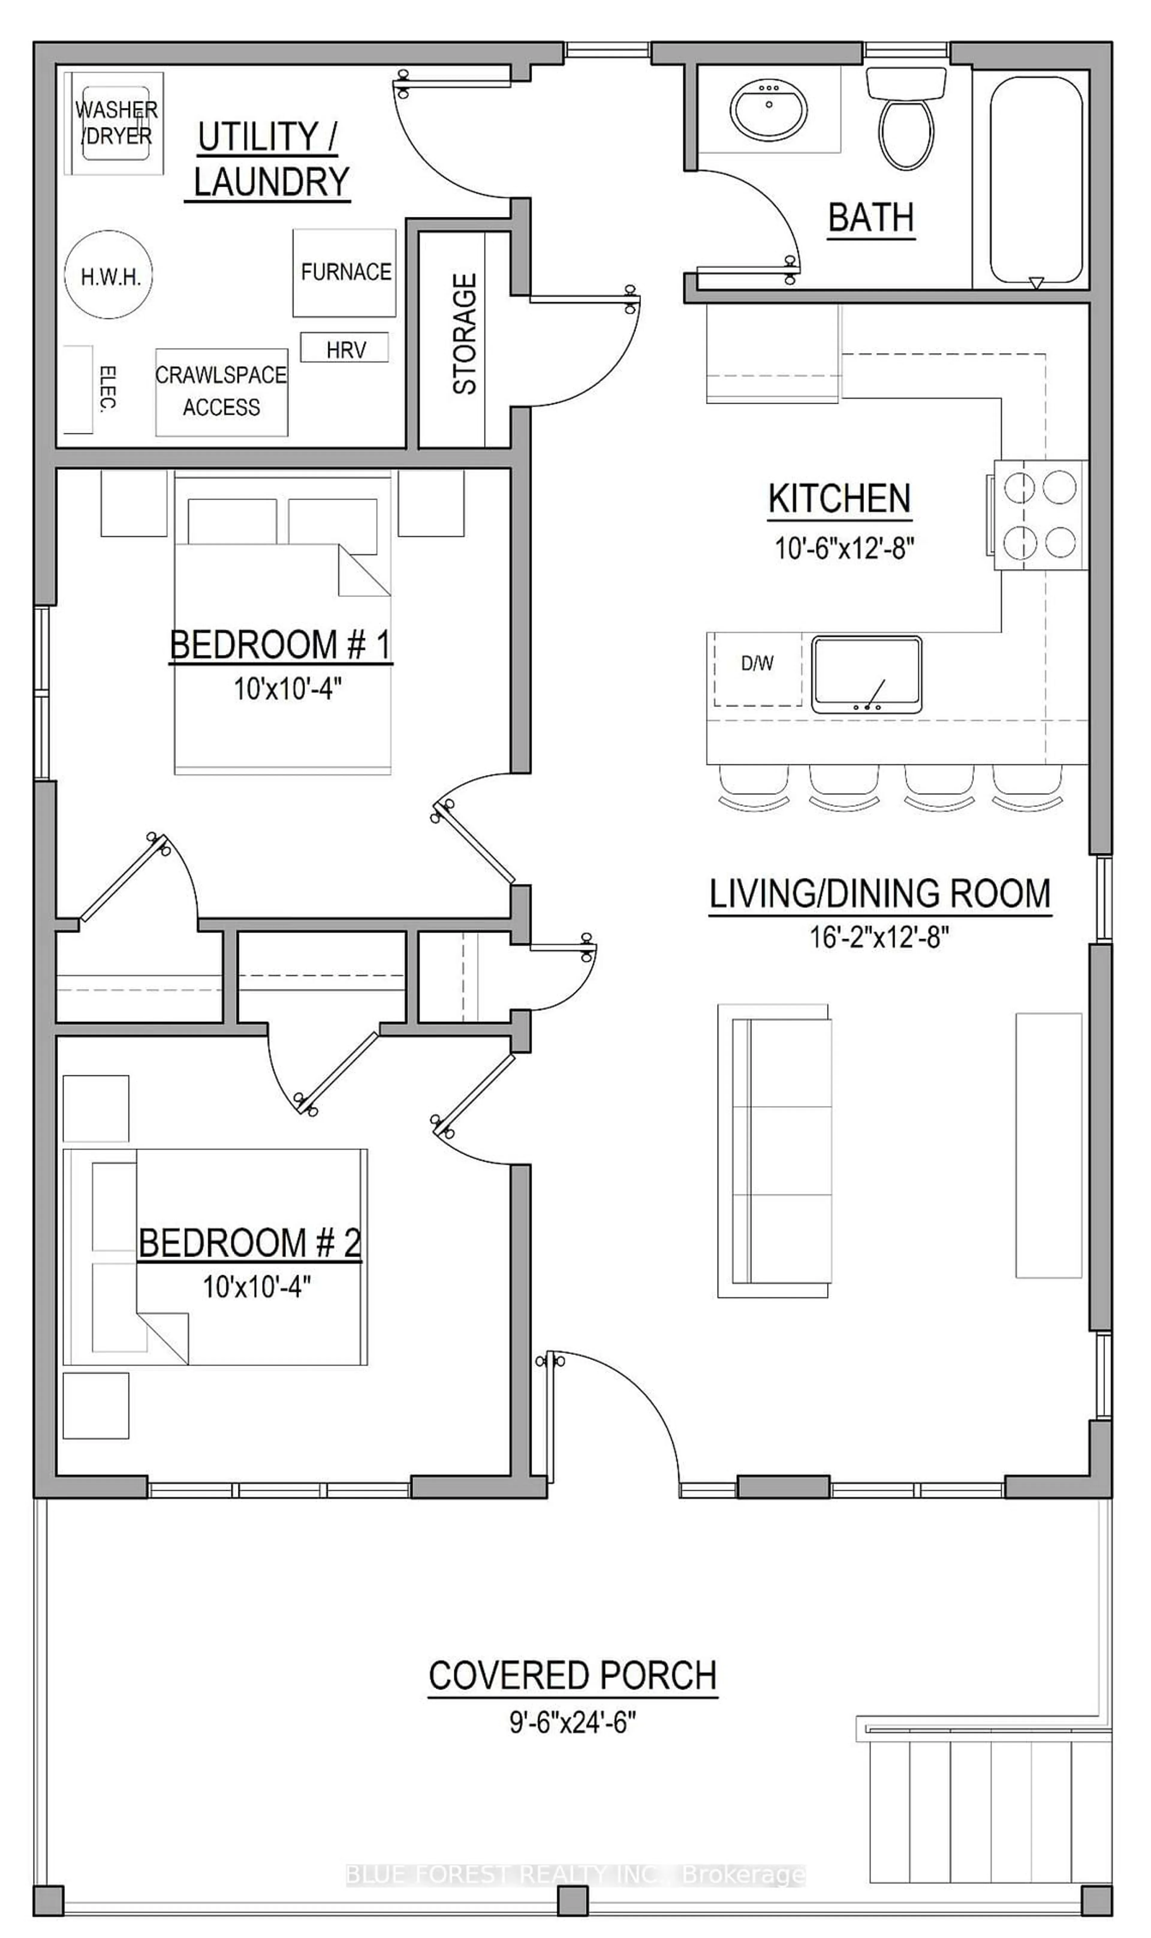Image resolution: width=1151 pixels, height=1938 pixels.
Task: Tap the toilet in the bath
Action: click(x=906, y=124)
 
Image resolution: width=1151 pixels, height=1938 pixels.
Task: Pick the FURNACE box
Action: click(x=344, y=272)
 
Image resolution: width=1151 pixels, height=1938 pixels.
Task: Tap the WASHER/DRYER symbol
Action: click(x=115, y=123)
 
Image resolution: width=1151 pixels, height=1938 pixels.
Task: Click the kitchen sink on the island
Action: click(x=866, y=674)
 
